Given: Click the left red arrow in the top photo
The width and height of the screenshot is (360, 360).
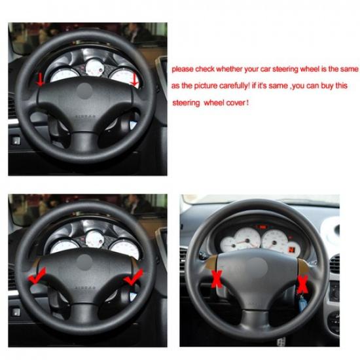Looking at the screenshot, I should (41, 80).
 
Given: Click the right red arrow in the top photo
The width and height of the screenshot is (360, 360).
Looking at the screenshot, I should (135, 80).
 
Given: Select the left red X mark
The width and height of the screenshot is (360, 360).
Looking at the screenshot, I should (215, 279).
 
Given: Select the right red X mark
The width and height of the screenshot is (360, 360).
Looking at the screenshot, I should (302, 284).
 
